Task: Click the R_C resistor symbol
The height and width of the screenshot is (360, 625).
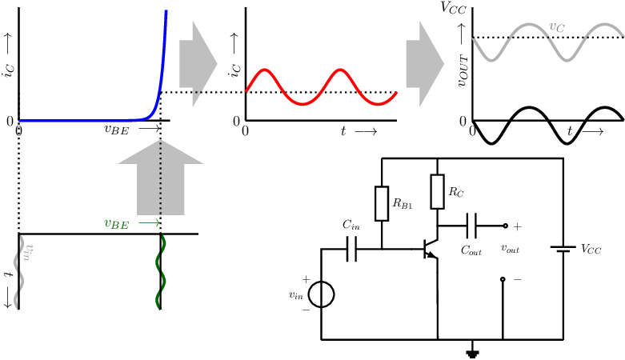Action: (x=437, y=191)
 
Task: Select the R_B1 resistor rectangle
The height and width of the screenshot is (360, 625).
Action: (x=382, y=203)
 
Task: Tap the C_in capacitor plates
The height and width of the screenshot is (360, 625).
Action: (x=351, y=249)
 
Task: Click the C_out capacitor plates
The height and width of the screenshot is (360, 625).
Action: (x=471, y=226)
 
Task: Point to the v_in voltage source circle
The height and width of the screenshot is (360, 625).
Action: (x=321, y=294)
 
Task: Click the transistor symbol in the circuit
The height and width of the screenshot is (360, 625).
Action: (x=431, y=249)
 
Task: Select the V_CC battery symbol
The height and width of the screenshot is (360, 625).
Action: (x=563, y=249)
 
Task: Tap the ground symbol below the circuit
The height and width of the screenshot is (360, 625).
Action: (x=473, y=354)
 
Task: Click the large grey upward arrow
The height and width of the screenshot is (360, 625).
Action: (x=161, y=178)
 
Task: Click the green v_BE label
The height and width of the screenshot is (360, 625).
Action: (x=116, y=224)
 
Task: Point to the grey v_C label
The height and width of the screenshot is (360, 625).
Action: (x=557, y=27)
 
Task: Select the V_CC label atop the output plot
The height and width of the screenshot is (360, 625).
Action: (x=453, y=8)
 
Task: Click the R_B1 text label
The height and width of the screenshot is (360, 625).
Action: (x=403, y=203)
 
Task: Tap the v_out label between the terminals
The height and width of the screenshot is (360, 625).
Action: (x=511, y=249)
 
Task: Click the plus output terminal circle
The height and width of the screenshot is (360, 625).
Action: (x=506, y=226)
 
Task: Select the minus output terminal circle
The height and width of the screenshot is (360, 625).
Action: (x=503, y=279)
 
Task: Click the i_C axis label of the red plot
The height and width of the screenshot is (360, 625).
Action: (x=234, y=70)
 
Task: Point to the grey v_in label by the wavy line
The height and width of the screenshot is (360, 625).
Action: (x=28, y=252)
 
